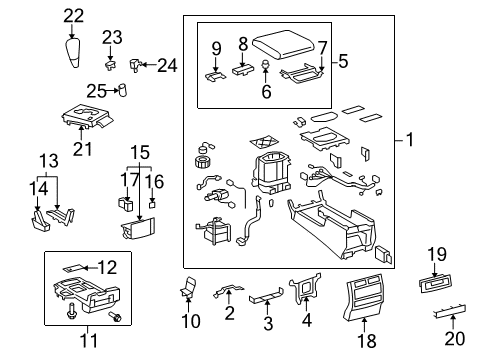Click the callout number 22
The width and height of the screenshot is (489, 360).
pyautogui.click(x=75, y=16)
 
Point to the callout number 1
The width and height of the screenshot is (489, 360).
pyautogui.click(x=407, y=141)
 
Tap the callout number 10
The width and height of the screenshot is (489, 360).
pyautogui.click(x=191, y=321)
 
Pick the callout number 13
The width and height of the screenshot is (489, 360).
pyautogui.click(x=48, y=162)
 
